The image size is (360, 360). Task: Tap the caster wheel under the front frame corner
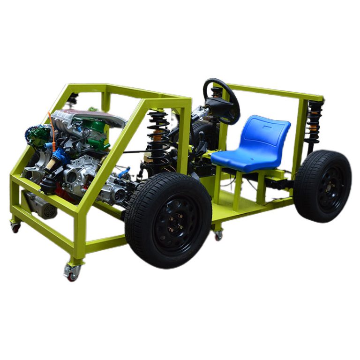click(72, 273)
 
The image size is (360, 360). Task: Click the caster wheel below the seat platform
click(218, 235)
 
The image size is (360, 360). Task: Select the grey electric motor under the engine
click(40, 206)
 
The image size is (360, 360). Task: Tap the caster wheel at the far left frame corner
click(16, 227)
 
